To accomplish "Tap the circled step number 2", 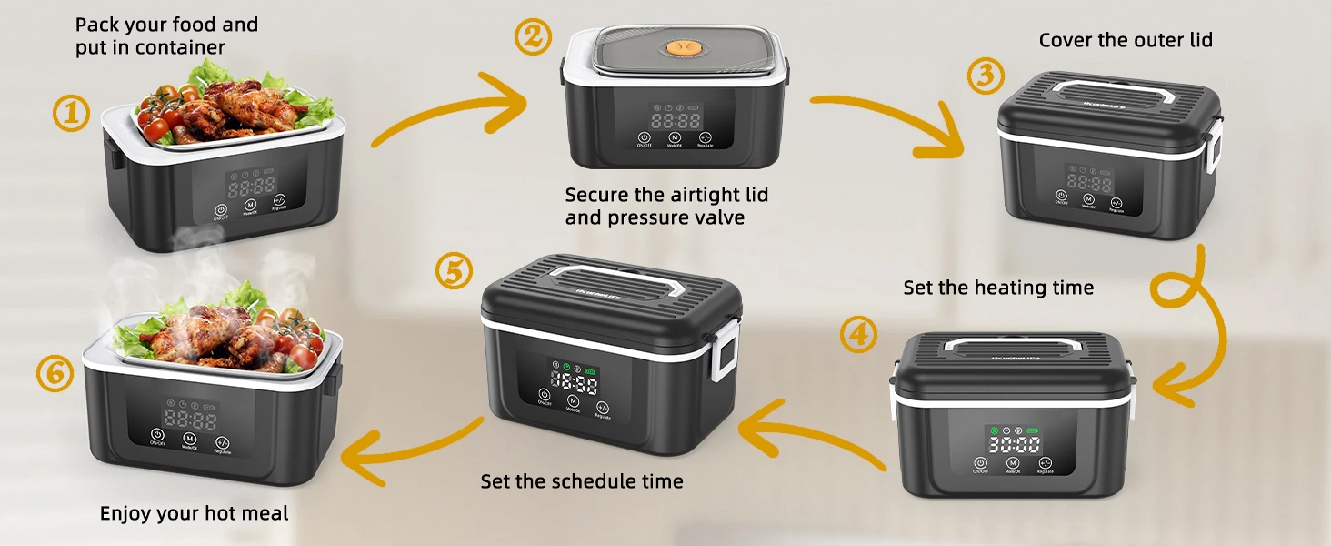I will pyautogui.click(x=533, y=37).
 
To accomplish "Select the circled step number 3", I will pyautogui.click(x=985, y=76).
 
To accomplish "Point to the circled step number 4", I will pyautogui.click(x=858, y=335).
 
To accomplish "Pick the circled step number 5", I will pyautogui.click(x=454, y=272).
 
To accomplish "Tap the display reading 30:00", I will pyautogui.click(x=1015, y=445).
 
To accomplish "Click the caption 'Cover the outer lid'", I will pyautogui.click(x=1126, y=40).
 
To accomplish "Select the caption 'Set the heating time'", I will pyautogui.click(x=998, y=288).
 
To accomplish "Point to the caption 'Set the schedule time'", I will pyautogui.click(x=582, y=481).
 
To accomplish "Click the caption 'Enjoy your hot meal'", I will pyautogui.click(x=194, y=514).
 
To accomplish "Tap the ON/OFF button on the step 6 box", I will pyautogui.click(x=157, y=436).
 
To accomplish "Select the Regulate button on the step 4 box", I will pyautogui.click(x=1045, y=463).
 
